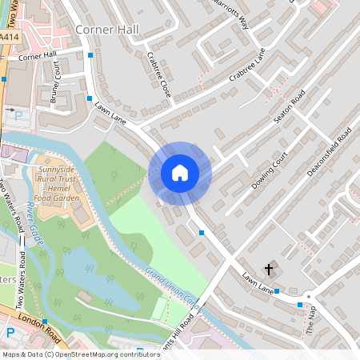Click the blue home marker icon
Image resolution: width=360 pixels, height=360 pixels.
[x=180, y=172]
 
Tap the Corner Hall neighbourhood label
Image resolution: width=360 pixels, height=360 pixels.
[x=106, y=30]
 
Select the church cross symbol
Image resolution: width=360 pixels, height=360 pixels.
[x=269, y=269]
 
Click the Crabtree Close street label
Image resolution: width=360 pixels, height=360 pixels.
[x=159, y=75]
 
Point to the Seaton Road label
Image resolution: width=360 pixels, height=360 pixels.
[x=289, y=106]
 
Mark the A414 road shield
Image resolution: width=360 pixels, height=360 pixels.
[x=9, y=38]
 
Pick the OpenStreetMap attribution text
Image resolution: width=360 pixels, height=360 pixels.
[x=70, y=354]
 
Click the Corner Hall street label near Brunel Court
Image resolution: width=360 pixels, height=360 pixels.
[x=38, y=56]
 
